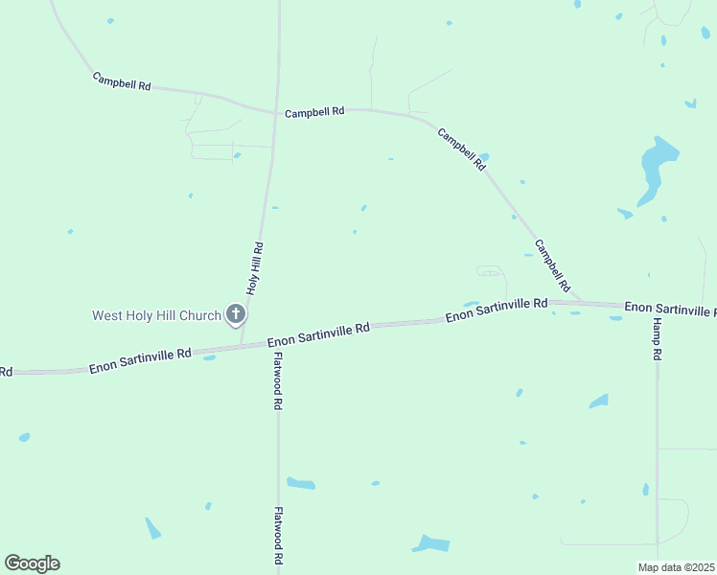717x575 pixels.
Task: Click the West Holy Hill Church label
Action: click(156, 314)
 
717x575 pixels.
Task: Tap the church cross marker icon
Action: click(236, 313)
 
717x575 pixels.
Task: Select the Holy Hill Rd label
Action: click(255, 267)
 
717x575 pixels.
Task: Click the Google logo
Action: click(32, 563)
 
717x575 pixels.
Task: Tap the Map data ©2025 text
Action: click(676, 567)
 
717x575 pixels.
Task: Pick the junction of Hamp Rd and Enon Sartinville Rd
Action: click(658, 307)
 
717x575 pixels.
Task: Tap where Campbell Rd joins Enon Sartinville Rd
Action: click(580, 303)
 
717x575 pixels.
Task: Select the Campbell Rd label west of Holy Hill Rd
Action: click(122, 81)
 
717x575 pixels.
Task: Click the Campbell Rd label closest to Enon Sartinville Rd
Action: click(552, 265)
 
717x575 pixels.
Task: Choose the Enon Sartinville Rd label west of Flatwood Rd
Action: click(140, 360)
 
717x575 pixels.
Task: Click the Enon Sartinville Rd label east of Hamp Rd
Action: click(669, 309)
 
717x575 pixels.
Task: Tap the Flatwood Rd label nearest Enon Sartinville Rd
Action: click(277, 381)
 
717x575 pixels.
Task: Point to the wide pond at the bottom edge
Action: click(431, 544)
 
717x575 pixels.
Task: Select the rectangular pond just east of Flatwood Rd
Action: click(301, 483)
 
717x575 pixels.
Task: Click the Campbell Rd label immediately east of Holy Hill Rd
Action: click(314, 112)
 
